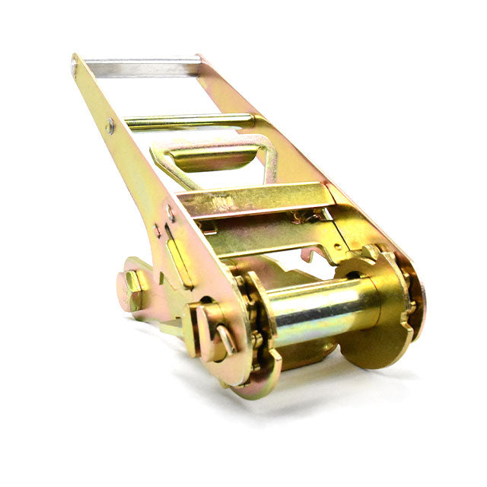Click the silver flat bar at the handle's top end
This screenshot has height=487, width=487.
point(141,67)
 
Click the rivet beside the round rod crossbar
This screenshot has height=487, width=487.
point(110,125)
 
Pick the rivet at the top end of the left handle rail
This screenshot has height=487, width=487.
point(74,66)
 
